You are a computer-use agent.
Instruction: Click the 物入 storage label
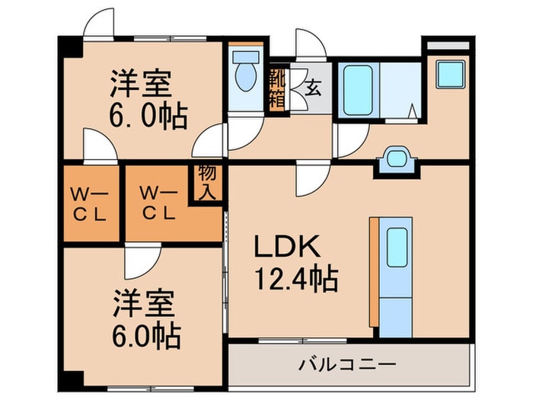(x=206, y=182)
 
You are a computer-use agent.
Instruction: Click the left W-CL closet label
(x=90, y=203)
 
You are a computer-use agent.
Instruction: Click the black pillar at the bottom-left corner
(x=70, y=379)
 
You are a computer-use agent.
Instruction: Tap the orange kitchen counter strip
(x=373, y=270)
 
